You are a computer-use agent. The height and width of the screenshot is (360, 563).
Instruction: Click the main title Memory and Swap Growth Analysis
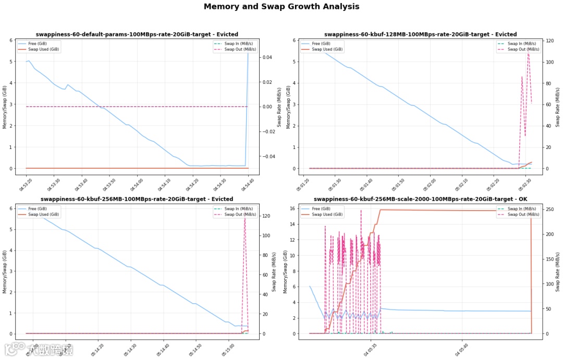(x=281, y=7)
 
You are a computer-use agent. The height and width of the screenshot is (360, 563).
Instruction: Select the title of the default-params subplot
(x=137, y=34)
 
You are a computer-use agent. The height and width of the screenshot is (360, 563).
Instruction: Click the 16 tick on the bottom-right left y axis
(x=291, y=209)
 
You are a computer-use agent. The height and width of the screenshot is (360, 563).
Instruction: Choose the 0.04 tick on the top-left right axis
(x=266, y=57)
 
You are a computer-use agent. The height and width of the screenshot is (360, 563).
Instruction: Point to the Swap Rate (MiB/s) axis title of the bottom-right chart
(x=558, y=271)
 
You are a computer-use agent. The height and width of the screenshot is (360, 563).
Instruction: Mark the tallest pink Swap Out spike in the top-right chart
(x=528, y=52)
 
